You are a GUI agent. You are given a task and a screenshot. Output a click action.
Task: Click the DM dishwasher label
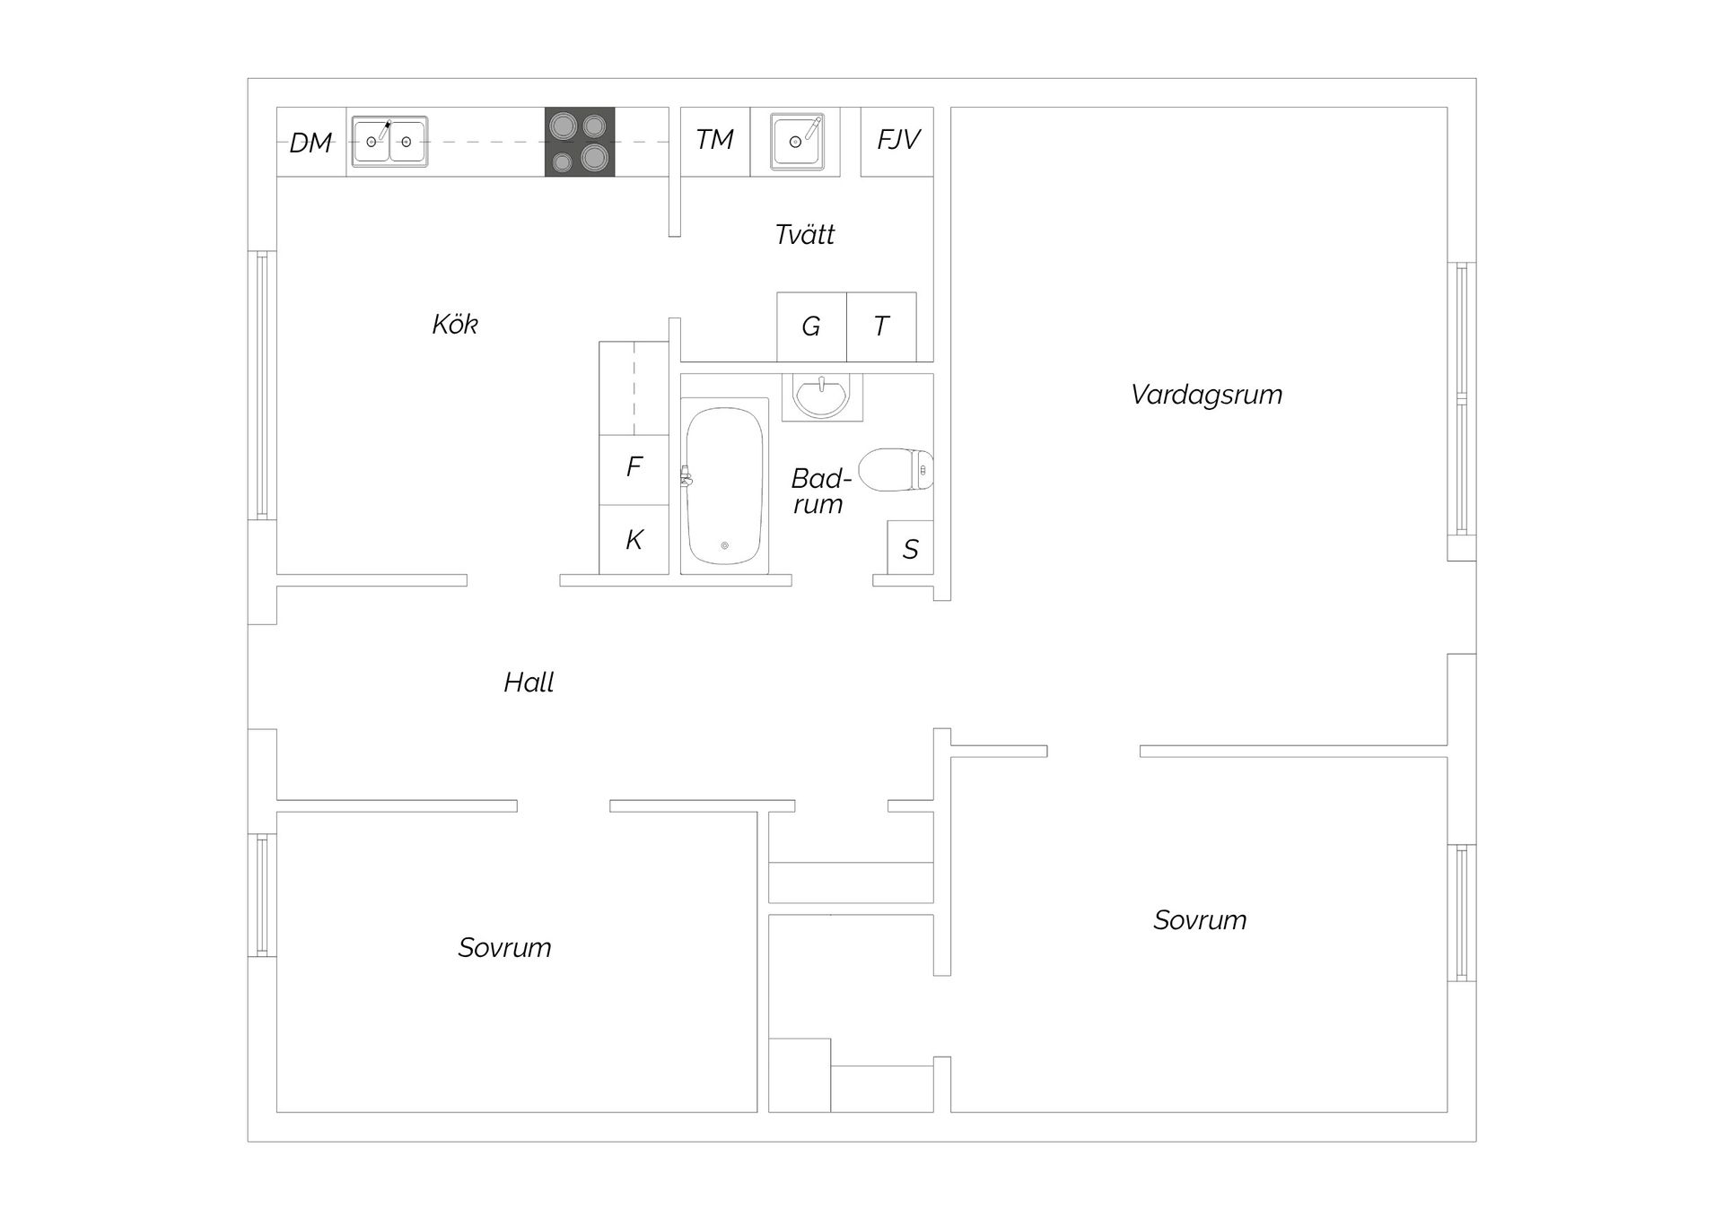coord(310,143)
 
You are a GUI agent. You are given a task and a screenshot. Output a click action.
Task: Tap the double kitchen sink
coord(389,142)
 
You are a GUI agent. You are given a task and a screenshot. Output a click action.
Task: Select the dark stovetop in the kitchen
coord(580,142)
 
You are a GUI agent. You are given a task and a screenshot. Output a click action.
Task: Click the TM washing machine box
coord(715,142)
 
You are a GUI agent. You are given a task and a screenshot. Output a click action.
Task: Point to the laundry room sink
coord(797,142)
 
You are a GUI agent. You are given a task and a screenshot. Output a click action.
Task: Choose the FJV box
coord(897,142)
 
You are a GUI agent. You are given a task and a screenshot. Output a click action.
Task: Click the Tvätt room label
coord(805,235)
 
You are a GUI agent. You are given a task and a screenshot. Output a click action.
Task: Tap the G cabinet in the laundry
coord(811,326)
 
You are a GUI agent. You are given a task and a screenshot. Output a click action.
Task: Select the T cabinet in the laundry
coord(881,326)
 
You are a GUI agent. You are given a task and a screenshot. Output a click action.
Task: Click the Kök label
coord(455,324)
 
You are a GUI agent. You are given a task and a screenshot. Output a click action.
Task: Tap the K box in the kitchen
coord(634,539)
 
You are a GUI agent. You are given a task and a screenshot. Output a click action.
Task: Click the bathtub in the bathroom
coord(724,485)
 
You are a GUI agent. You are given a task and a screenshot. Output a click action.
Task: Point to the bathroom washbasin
coord(821,397)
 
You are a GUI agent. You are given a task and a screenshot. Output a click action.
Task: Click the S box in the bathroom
coord(910,547)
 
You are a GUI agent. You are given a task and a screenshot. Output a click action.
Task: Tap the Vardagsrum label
coord(1207,395)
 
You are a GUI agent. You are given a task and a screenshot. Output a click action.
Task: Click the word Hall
coord(529,683)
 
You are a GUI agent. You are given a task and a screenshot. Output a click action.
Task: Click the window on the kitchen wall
coord(261,385)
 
